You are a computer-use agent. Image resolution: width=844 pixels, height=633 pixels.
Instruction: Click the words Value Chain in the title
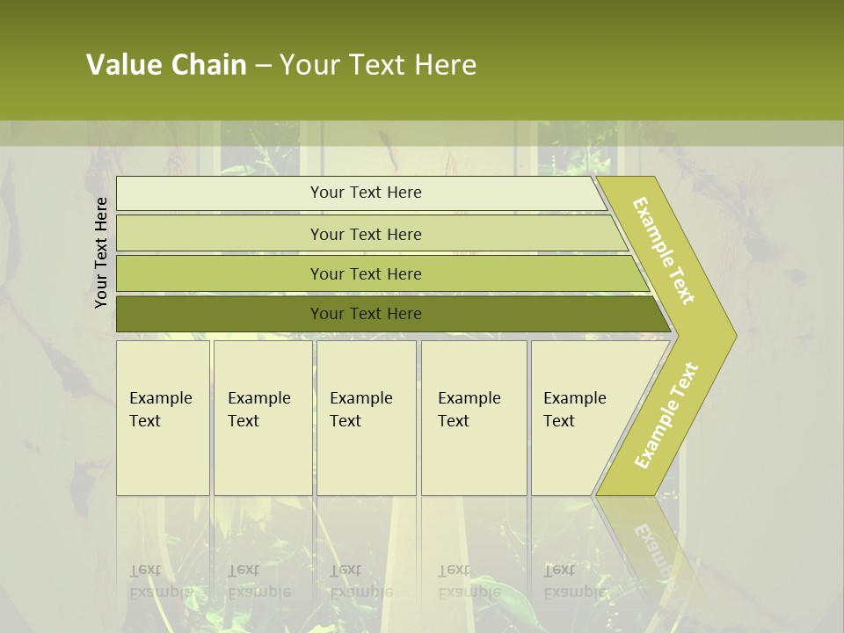point(166,65)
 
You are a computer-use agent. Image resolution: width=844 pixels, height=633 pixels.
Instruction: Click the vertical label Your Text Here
point(102,252)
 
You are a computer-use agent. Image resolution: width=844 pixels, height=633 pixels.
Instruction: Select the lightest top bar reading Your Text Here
point(366,193)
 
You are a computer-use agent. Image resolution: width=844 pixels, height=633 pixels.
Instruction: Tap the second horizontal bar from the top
point(366,234)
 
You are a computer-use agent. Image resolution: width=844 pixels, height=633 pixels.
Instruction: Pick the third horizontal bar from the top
point(366,273)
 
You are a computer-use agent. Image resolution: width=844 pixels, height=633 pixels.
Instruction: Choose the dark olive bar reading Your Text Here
point(366,314)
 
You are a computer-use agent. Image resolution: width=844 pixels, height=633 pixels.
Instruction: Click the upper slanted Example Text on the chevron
point(665,251)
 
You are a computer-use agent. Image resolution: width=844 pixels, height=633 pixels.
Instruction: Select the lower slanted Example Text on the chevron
point(666,415)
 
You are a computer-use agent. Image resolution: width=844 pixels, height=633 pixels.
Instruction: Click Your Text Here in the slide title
point(378,65)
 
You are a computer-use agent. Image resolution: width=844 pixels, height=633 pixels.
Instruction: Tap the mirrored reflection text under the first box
point(160,580)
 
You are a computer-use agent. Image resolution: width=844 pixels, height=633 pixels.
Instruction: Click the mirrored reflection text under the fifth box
point(574,580)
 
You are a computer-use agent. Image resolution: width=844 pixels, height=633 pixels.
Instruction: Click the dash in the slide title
point(263,65)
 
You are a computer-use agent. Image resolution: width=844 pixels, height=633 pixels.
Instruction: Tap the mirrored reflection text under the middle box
point(360,580)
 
